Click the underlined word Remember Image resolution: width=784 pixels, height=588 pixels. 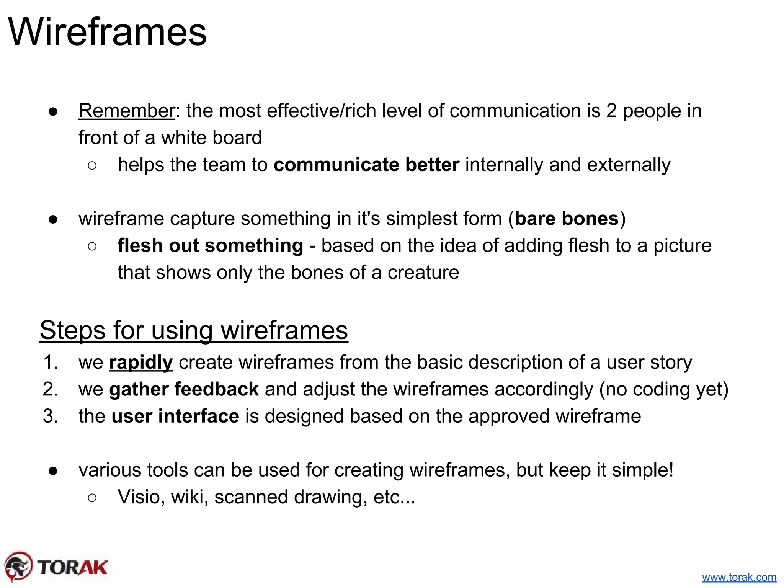(127, 111)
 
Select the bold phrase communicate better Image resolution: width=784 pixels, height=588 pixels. (366, 165)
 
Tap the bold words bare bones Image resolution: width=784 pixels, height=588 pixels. (566, 219)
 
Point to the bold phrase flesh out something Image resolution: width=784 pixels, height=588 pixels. (210, 246)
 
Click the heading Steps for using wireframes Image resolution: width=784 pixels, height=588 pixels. (194, 330)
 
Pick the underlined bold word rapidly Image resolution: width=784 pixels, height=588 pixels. (141, 363)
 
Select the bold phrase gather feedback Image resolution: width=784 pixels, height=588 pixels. (184, 389)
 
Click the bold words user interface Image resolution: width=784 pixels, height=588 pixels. (175, 416)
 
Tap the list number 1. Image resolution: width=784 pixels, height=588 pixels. (50, 363)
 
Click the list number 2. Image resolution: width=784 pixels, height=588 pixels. (50, 389)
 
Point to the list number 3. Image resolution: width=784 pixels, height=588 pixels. (50, 416)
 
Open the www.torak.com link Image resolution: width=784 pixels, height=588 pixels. (739, 577)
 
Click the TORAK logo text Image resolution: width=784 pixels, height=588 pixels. (73, 568)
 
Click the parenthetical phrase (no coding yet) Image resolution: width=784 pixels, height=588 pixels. (663, 389)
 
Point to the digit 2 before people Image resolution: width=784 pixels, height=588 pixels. (611, 111)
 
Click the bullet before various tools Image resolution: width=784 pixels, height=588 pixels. (53, 471)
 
